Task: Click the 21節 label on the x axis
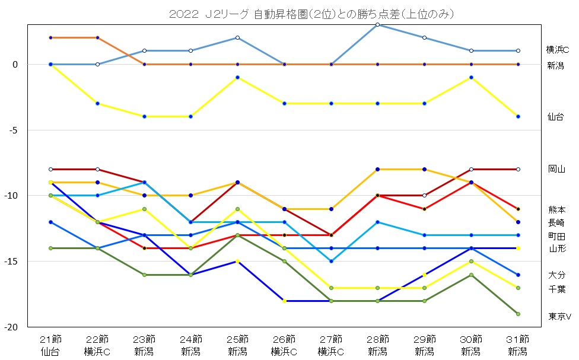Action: point(50,339)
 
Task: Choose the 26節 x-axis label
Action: point(284,339)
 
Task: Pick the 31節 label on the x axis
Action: point(517,339)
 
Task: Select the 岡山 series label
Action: point(556,169)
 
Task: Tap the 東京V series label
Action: point(558,316)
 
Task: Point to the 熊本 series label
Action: point(556,209)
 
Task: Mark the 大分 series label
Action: point(556,275)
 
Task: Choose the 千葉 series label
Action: point(556,289)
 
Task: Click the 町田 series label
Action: point(556,236)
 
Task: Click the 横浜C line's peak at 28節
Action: point(378,24)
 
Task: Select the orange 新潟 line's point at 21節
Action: point(50,37)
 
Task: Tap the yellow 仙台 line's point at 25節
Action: point(237,77)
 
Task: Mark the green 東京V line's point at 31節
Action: point(518,314)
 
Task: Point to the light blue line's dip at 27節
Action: point(331,261)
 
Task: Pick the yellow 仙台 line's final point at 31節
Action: point(518,116)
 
